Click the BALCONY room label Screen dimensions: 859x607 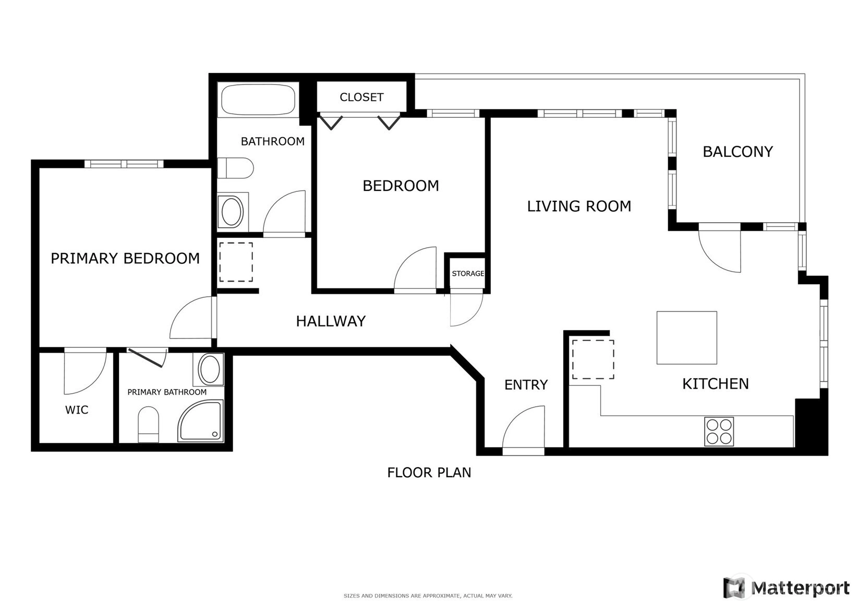click(737, 152)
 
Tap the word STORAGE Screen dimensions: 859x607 click(468, 273)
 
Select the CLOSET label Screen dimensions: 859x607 click(361, 98)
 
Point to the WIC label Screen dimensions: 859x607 click(77, 410)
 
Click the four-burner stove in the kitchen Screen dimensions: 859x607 click(719, 431)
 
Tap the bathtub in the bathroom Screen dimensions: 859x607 click(258, 100)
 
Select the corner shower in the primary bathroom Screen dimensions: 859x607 click(201, 421)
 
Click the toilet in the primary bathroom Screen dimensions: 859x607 click(149, 424)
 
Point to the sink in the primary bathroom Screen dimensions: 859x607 click(209, 369)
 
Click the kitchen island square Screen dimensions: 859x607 click(687, 338)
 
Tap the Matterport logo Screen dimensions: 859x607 click(786, 587)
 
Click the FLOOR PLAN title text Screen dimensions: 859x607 click(429, 473)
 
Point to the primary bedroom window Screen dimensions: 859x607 click(124, 164)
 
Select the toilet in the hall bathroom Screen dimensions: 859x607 click(235, 168)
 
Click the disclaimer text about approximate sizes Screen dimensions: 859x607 click(428, 596)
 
